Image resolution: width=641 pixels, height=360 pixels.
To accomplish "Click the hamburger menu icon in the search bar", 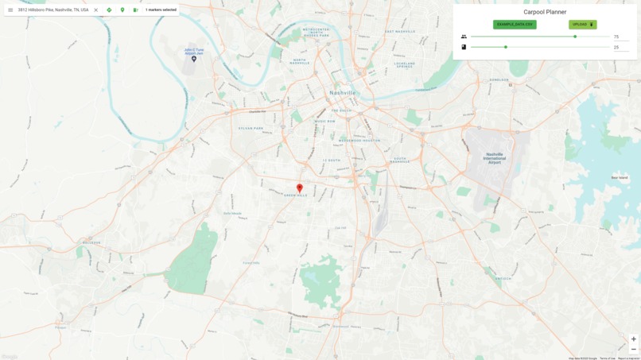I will click(10, 10).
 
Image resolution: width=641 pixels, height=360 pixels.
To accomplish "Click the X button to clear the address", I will click(95, 10).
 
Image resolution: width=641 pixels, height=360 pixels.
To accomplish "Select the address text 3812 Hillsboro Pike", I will click(52, 10).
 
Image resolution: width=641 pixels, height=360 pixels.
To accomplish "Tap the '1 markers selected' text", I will click(161, 10).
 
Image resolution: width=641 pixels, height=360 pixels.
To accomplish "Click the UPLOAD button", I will click(582, 25).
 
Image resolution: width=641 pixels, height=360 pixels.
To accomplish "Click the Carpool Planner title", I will click(545, 12).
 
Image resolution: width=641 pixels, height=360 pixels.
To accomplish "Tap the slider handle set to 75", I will click(575, 37).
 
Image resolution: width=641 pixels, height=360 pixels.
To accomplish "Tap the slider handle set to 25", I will click(505, 47).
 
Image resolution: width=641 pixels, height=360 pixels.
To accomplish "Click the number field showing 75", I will click(620, 37).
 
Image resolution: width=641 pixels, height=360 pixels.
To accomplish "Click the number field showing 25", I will click(620, 47).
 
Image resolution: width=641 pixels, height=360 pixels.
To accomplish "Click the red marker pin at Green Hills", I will click(300, 188).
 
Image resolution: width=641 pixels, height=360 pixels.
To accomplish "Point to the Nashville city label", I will click(343, 93).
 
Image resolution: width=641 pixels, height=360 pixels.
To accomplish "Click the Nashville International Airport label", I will click(494, 157).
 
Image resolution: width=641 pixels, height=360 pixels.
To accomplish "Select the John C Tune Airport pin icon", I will click(194, 59).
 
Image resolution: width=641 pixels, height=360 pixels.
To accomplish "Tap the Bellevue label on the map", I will click(91, 243).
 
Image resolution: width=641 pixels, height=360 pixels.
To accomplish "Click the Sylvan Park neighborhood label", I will click(250, 128).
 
